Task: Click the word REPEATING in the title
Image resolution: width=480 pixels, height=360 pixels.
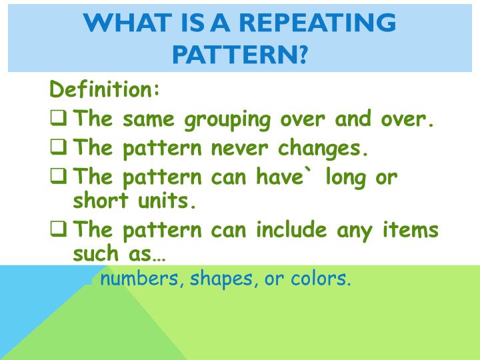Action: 317,23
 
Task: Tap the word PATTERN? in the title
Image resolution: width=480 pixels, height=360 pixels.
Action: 240,53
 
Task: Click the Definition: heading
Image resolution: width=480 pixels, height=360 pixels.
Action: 105,89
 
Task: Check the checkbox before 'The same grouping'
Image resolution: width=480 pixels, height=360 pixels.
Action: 59,119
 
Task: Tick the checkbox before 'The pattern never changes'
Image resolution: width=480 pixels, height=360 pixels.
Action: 59,147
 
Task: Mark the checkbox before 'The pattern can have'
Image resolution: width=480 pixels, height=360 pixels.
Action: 59,176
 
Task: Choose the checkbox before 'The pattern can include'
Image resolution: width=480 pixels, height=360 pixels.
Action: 59,230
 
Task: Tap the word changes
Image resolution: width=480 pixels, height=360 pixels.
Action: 327,147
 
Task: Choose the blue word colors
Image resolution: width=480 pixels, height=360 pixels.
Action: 321,279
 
